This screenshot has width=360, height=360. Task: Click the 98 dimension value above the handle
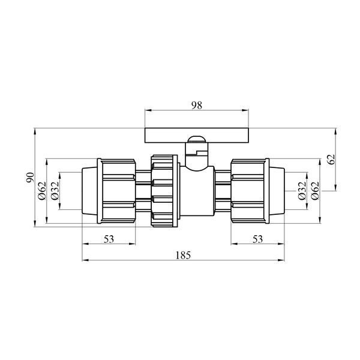click(197, 106)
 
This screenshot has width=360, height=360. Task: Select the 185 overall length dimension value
click(183, 256)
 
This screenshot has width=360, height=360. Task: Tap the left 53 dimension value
click(109, 239)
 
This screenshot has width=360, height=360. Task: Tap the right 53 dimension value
click(257, 239)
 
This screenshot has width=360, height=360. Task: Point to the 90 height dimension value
click(30, 177)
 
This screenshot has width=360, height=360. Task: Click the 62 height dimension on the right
click(331, 160)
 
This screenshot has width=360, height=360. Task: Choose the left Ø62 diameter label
click(42, 191)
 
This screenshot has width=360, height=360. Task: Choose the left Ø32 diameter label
click(55, 191)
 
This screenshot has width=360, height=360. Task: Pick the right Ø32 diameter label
click(302, 191)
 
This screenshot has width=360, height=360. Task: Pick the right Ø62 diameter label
click(315, 191)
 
